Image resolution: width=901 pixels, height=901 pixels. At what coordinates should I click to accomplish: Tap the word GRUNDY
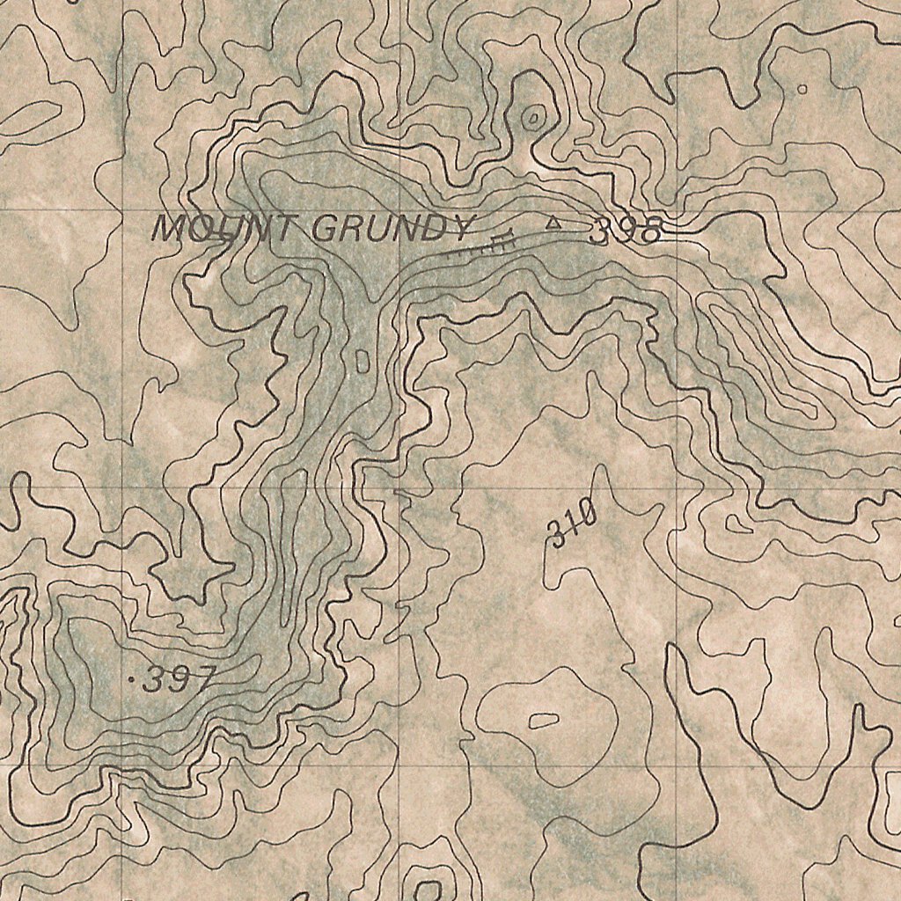point(392,230)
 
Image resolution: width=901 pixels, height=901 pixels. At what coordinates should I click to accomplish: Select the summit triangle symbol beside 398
point(553,224)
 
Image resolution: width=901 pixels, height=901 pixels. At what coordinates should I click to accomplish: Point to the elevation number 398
point(625,231)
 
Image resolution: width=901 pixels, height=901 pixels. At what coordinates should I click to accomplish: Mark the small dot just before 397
point(133,681)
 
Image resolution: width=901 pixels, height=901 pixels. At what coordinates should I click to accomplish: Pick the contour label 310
point(573,525)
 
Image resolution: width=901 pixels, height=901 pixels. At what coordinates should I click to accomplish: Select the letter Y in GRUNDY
point(459,230)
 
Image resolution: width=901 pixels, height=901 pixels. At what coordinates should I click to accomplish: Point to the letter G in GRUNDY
point(325,230)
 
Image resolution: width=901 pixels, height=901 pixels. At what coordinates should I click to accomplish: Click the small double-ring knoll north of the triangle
point(532,118)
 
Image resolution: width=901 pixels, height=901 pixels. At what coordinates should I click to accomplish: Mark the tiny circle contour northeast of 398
point(801,89)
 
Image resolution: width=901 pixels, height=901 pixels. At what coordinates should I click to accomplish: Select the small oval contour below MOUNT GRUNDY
point(362,360)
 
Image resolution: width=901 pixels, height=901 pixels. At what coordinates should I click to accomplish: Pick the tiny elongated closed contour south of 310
point(543,721)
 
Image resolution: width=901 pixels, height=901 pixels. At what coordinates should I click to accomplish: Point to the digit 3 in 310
point(558,533)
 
